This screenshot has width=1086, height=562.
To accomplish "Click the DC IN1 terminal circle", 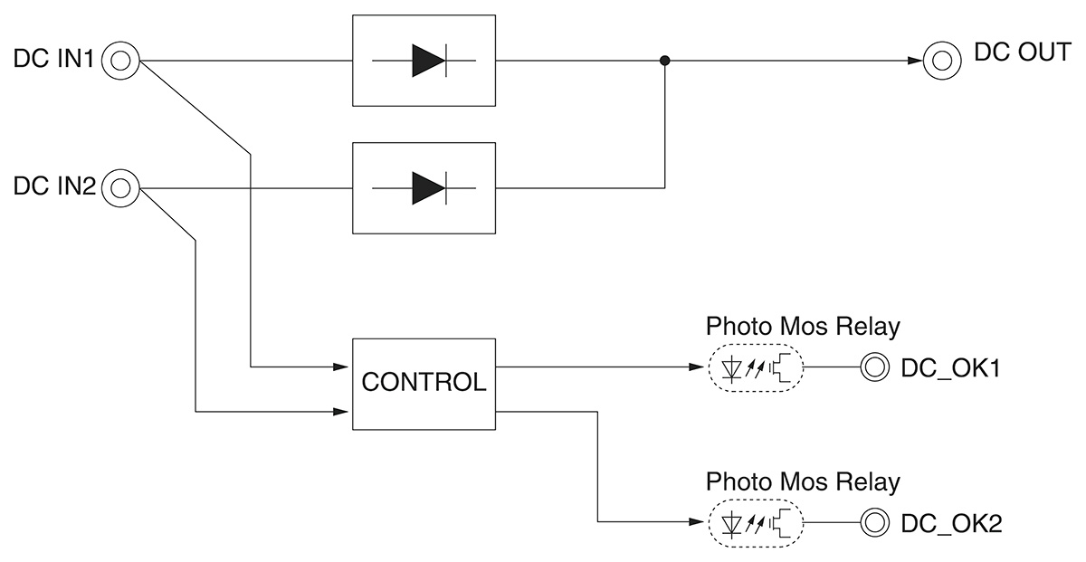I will tap(120, 62).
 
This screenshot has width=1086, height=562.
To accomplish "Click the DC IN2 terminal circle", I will tap(120, 189).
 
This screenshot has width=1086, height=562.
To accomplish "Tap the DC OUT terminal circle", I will tap(941, 62).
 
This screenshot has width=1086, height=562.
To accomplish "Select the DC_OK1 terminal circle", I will tap(874, 368).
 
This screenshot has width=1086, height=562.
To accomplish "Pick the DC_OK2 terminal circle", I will tap(874, 522).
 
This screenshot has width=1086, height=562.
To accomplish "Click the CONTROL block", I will tap(424, 384).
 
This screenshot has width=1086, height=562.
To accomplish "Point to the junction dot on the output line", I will tap(665, 62).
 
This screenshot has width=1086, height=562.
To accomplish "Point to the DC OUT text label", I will tap(1021, 52).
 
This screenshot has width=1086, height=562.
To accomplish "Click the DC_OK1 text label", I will tap(949, 368).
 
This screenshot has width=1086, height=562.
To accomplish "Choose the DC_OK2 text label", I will tap(950, 522).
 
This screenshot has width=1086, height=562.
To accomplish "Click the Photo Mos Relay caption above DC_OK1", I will tap(802, 327).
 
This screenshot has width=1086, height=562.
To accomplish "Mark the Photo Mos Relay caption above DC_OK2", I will tap(802, 481).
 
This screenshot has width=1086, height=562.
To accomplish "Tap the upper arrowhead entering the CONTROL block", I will tap(341, 367).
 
